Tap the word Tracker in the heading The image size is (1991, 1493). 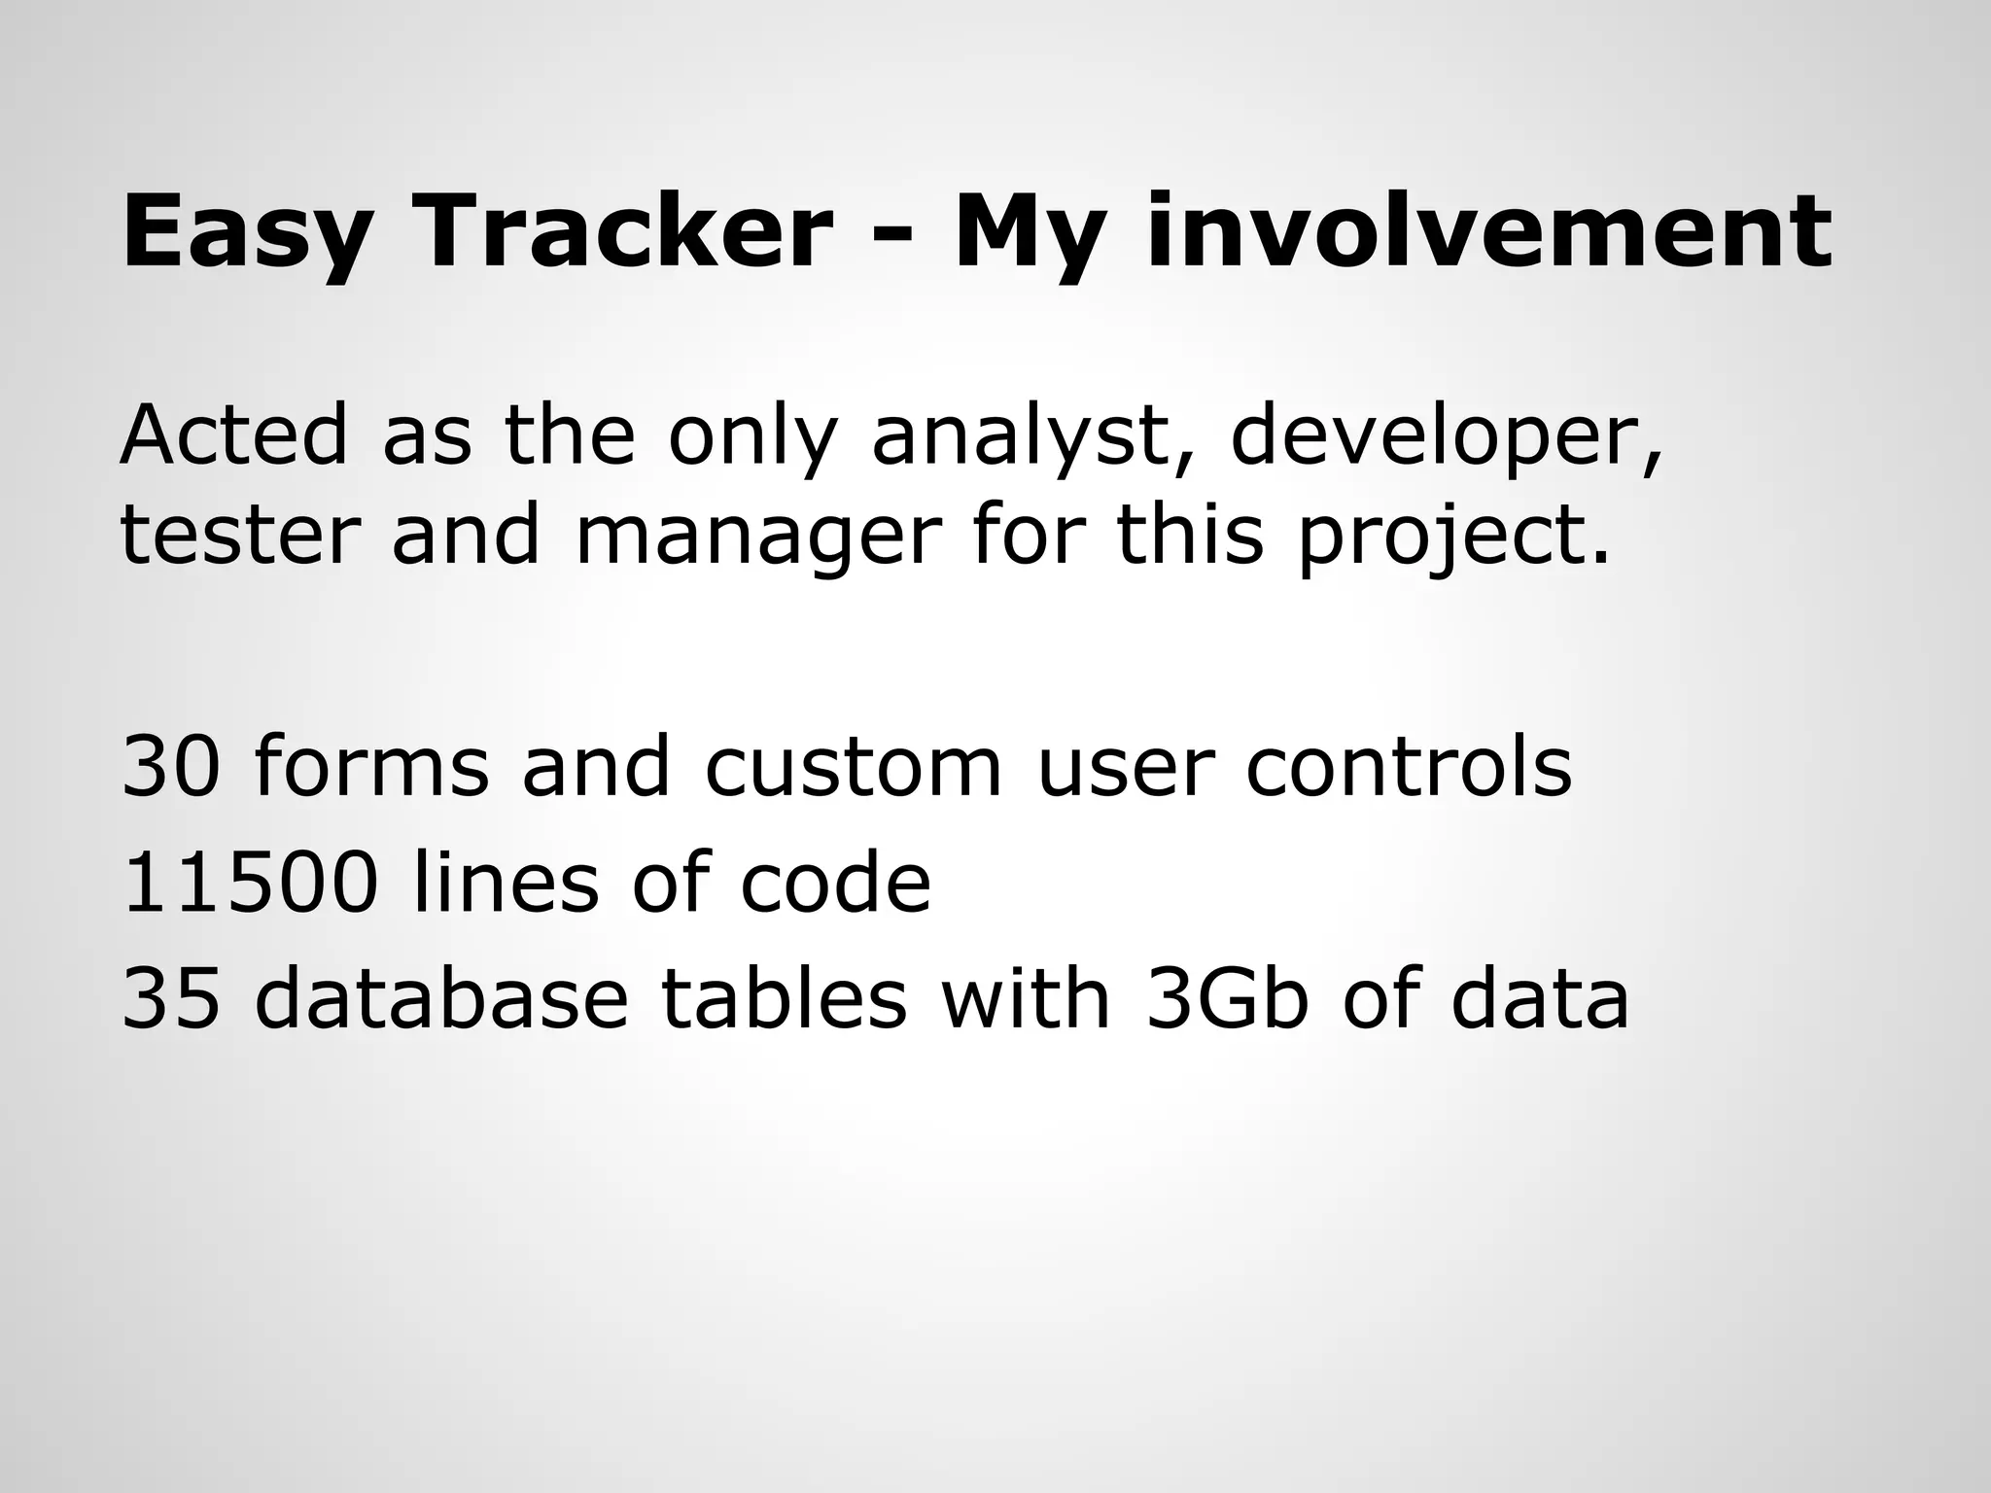[x=622, y=232]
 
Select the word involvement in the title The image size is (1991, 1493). [x=1487, y=232]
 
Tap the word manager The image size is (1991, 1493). [x=758, y=537]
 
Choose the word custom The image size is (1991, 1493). [x=852, y=767]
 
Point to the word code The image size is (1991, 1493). [x=835, y=883]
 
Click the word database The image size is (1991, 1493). [x=441, y=999]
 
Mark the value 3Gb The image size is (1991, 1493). [x=1227, y=999]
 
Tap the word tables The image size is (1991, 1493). [x=784, y=999]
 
